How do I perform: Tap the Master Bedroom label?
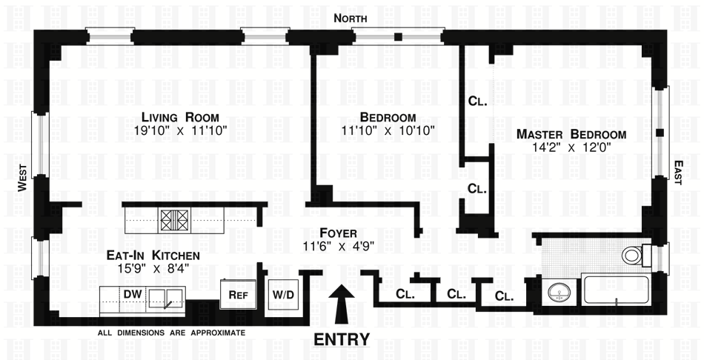pyautogui.click(x=571, y=134)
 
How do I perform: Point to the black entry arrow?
pyautogui.click(x=342, y=304)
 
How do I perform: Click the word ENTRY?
pyautogui.click(x=342, y=340)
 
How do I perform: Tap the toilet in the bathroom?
pyautogui.click(x=635, y=256)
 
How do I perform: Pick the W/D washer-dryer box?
pyautogui.click(x=283, y=294)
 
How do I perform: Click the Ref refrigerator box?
pyautogui.click(x=238, y=294)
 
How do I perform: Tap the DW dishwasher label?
pyautogui.click(x=132, y=294)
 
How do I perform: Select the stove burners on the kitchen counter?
pyautogui.click(x=176, y=219)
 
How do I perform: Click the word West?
pyautogui.click(x=21, y=178)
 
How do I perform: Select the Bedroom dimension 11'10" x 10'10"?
pyautogui.click(x=388, y=130)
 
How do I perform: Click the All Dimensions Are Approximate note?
pyautogui.click(x=171, y=333)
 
